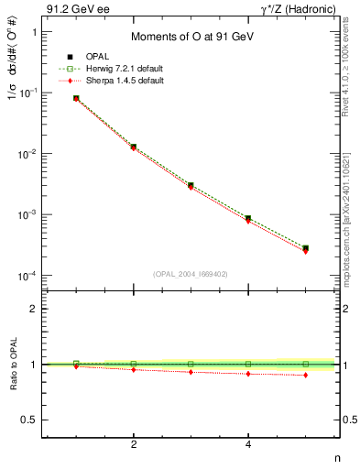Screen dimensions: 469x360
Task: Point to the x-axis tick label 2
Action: pyautogui.click(x=134, y=444)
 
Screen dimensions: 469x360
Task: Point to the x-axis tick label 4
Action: pyautogui.click(x=248, y=444)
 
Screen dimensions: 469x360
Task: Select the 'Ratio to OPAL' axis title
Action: pyautogui.click(x=14, y=365)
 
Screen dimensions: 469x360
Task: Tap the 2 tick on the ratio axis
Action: pyautogui.click(x=34, y=310)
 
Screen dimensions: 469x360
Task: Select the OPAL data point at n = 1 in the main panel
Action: pyautogui.click(x=76, y=98)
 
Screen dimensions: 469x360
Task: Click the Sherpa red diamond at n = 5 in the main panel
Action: pyautogui.click(x=305, y=251)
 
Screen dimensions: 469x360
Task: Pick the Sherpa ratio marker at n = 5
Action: pyautogui.click(x=305, y=376)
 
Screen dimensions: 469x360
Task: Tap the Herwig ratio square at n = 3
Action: pyautogui.click(x=191, y=364)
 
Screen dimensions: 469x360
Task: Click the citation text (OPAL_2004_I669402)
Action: pyautogui.click(x=190, y=273)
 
